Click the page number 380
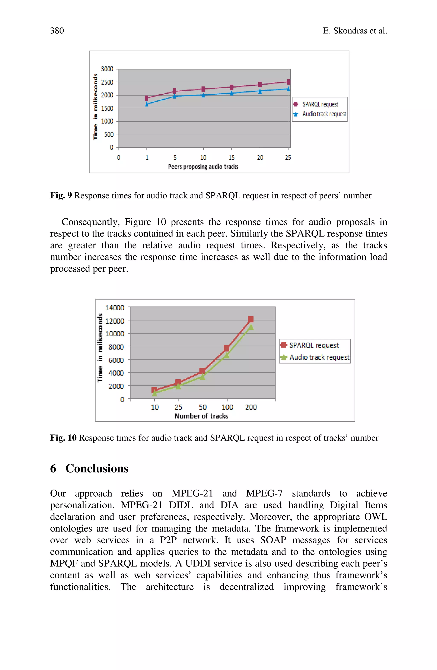coord(57,30)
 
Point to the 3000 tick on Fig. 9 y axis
coord(107,69)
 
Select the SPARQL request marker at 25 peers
coord(288,82)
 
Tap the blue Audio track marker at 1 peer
coord(147,104)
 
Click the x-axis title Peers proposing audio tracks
coord(203,167)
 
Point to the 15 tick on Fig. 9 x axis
coord(232,157)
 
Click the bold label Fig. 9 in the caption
coord(61,195)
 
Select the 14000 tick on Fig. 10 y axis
coord(114,308)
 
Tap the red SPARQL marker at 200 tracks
coord(251,319)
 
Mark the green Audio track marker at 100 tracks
coord(226,356)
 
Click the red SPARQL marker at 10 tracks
coord(154,390)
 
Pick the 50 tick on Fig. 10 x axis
coord(203,407)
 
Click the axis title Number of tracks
coord(201,416)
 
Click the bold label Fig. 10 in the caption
coord(63,438)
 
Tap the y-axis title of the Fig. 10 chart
coord(100,348)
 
